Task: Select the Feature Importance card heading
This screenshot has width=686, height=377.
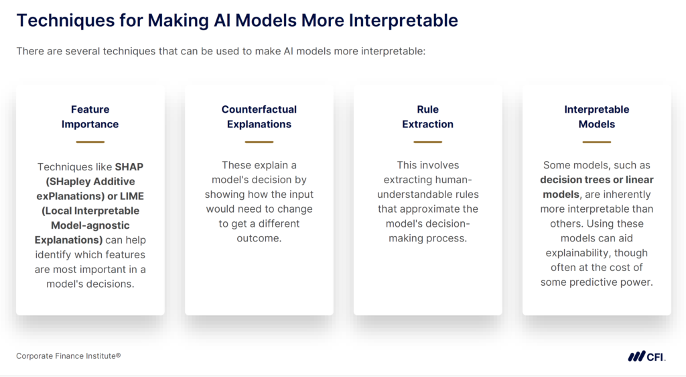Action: click(90, 117)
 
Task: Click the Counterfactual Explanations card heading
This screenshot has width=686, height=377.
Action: click(259, 117)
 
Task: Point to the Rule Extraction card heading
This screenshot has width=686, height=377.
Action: click(427, 117)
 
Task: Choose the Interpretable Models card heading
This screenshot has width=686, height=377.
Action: click(596, 117)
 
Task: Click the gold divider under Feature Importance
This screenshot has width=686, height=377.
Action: click(90, 142)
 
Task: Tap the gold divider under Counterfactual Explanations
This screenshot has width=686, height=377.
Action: click(259, 142)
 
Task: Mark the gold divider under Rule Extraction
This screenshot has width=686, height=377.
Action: click(427, 142)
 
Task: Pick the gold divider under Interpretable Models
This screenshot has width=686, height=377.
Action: click(596, 142)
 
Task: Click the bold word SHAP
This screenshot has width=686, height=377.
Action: click(129, 166)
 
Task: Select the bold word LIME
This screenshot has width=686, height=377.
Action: click(131, 196)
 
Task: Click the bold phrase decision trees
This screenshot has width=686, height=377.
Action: click(570, 180)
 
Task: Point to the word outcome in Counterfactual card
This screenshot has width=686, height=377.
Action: click(259, 238)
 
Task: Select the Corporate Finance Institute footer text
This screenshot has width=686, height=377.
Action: click(68, 356)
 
